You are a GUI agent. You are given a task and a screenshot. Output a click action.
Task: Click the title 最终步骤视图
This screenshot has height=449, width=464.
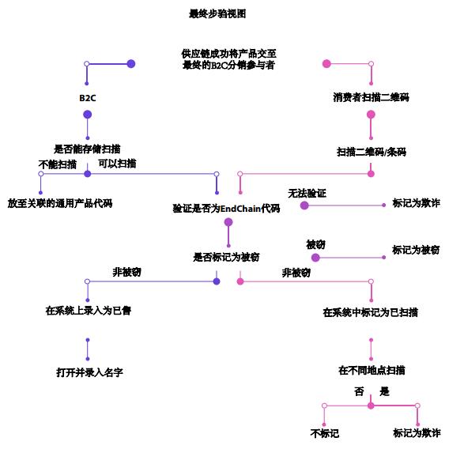coord(217,14)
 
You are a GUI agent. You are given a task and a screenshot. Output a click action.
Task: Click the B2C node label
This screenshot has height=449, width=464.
coord(87,98)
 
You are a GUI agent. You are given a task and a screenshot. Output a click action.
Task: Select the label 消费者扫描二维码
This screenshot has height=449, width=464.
coord(371,98)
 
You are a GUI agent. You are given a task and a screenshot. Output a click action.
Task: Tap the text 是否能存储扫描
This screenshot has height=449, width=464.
coord(87,149)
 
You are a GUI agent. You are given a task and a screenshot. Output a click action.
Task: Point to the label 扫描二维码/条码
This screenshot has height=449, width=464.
coord(371,152)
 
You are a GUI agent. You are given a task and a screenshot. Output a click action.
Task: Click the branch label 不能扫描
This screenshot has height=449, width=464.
coord(58,164)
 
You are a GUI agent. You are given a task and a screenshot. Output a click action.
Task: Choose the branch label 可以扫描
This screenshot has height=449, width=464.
coord(117,164)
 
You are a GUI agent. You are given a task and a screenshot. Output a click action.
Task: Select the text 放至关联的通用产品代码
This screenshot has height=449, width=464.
coord(60,203)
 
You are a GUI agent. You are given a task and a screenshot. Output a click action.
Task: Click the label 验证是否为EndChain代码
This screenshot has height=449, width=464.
coord(227,209)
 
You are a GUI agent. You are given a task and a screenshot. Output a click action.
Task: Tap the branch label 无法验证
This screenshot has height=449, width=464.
coord(307,193)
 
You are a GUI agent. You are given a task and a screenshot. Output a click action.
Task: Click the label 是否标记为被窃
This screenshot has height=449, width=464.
coord(227,257)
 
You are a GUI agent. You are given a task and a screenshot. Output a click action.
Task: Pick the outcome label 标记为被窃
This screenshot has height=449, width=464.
coord(416,250)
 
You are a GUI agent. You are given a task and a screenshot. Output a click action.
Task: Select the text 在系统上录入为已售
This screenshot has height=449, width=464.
coord(88,311)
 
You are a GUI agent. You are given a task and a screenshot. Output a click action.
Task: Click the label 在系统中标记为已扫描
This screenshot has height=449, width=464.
coord(370,312)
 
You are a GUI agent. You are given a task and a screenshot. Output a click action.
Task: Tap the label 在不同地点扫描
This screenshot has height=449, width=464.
coord(372,370)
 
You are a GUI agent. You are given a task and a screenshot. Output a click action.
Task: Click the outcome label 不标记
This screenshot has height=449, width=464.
coord(324,433)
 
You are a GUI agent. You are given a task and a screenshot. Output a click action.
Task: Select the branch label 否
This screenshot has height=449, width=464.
coord(359,391)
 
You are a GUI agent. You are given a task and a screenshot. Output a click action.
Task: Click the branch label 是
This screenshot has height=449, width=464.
coord(385,391)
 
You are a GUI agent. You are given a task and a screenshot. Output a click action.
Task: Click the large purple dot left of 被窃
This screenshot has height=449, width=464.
coord(315,258)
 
